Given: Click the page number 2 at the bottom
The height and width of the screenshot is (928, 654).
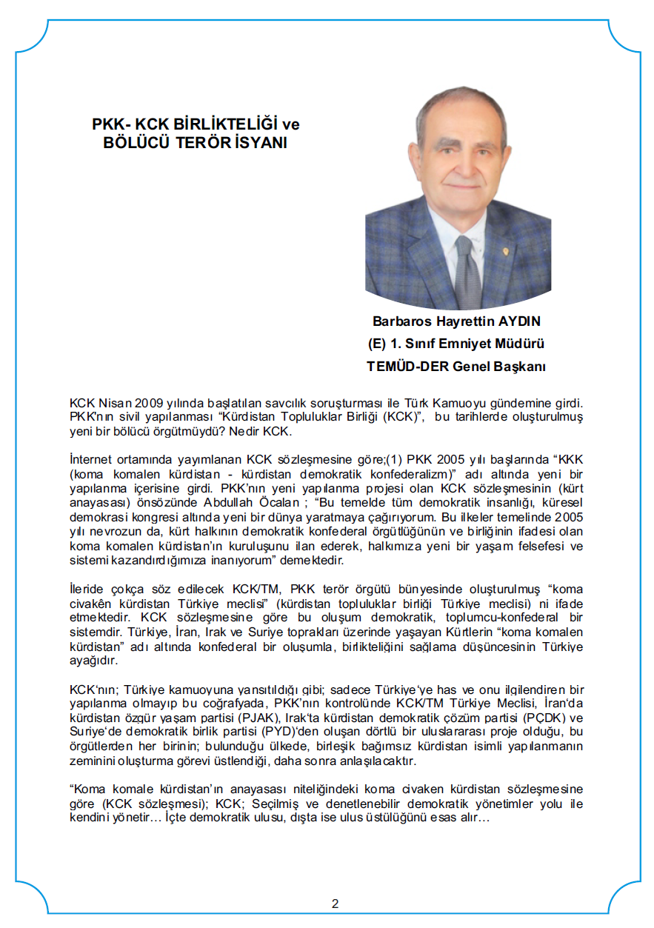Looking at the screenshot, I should click(x=335, y=904).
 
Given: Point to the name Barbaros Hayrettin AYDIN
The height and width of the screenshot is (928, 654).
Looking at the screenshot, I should click(x=457, y=322).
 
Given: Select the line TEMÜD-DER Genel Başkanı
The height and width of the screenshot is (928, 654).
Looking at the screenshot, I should click(x=456, y=366).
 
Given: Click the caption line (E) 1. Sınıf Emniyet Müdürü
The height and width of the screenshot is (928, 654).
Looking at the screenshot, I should click(x=456, y=344).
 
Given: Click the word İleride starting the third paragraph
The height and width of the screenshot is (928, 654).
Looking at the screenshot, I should click(x=88, y=589).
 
